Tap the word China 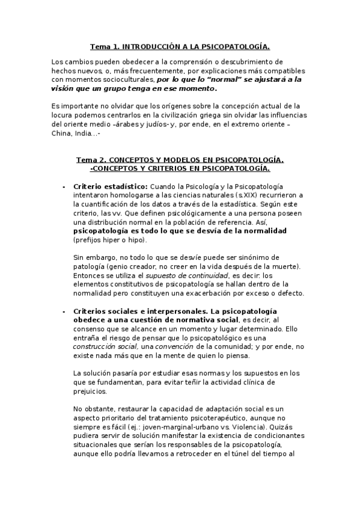click(x=62, y=133)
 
